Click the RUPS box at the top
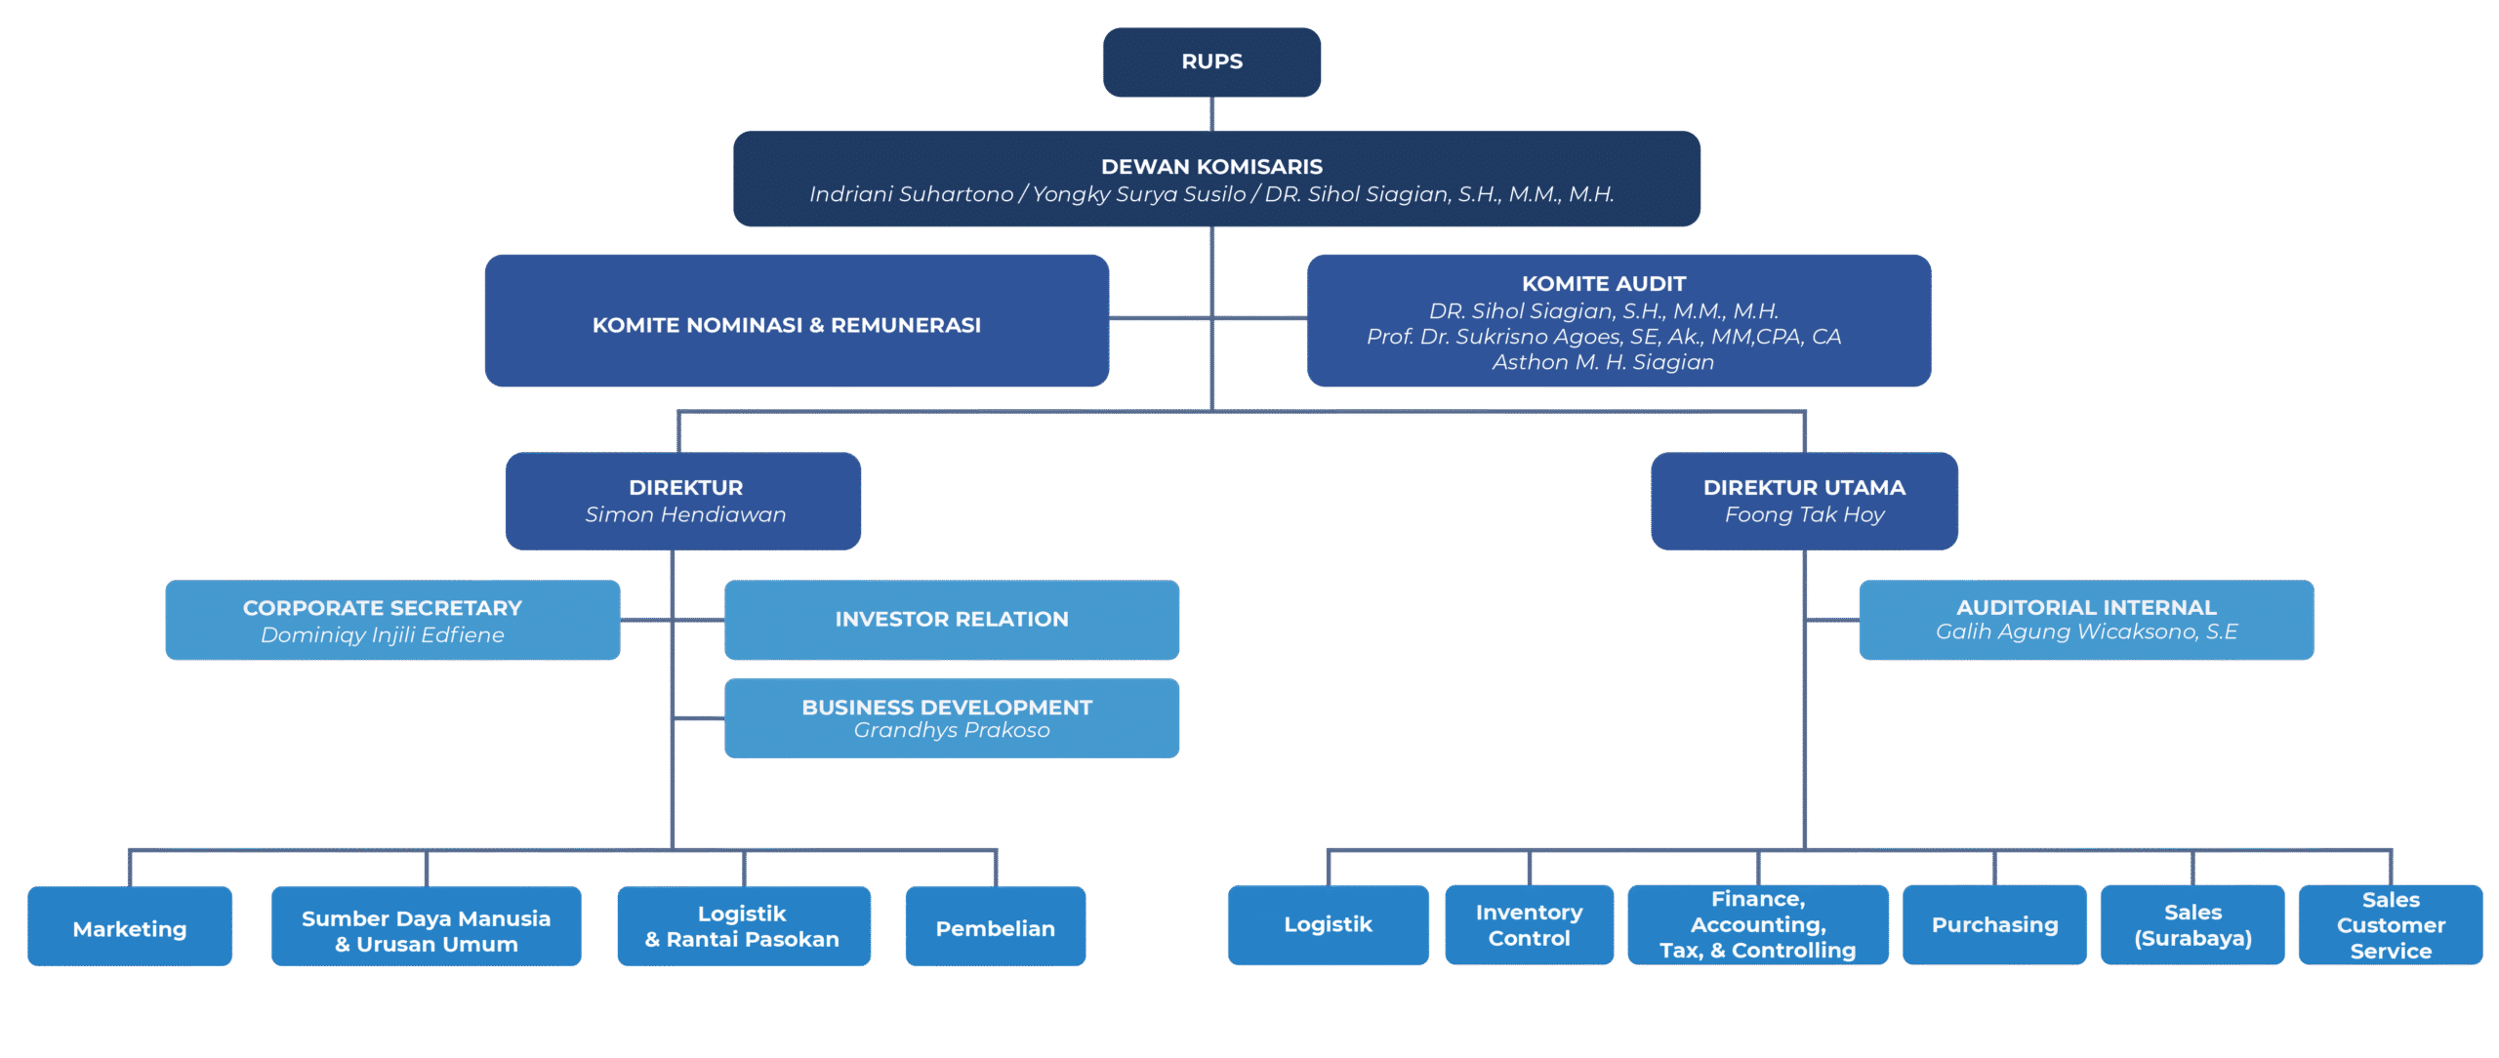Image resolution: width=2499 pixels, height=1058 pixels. click(1211, 61)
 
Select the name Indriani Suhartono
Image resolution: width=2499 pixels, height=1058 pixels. click(911, 194)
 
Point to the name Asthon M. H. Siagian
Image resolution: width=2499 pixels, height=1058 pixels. click(1603, 362)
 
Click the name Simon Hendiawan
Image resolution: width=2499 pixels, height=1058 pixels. click(685, 514)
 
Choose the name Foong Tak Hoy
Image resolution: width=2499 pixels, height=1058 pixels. click(1804, 514)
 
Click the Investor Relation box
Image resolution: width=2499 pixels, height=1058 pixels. click(951, 620)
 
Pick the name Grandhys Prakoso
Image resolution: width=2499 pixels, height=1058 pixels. click(951, 730)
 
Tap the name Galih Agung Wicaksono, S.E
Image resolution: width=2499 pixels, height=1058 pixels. click(2086, 631)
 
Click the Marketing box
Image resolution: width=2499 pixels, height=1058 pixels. click(130, 927)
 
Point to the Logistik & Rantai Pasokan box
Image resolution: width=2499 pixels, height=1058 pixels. click(743, 926)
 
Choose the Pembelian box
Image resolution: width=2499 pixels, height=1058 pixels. click(995, 927)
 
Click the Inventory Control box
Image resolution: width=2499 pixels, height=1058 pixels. click(1529, 925)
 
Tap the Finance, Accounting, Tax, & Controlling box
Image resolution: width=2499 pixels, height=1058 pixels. click(1757, 925)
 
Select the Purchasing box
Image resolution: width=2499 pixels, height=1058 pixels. click(1994, 925)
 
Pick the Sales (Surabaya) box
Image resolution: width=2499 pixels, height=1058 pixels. click(2192, 925)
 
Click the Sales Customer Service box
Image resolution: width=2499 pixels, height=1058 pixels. click(2390, 925)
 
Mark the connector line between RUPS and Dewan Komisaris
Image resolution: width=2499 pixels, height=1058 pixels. click(1212, 114)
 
